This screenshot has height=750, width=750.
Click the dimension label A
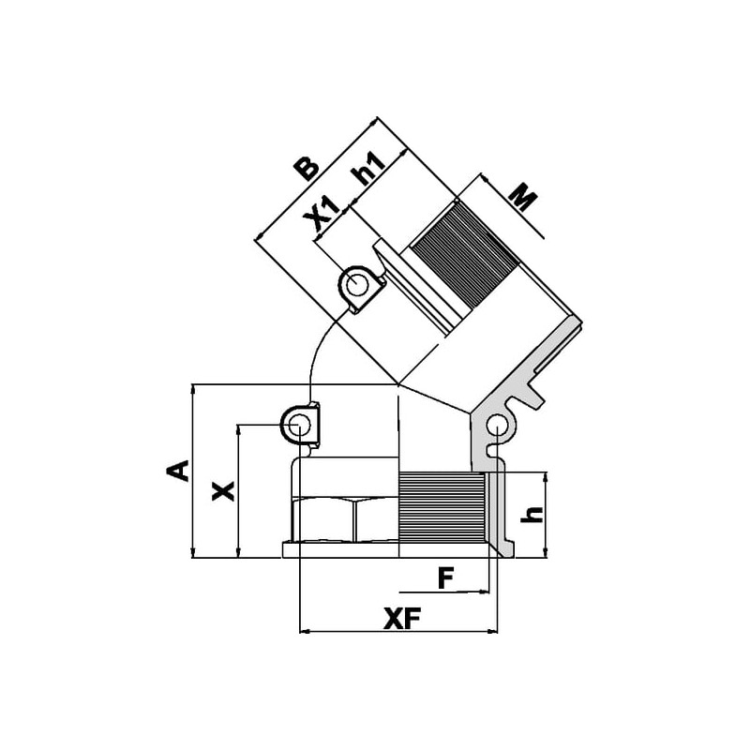coord(177,471)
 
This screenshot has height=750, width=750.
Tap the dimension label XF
coord(402,620)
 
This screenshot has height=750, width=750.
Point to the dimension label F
coord(445,577)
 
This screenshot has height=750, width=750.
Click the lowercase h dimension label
coord(532,514)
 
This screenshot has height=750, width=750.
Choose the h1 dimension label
coord(367,169)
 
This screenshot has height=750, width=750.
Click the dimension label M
coord(522,197)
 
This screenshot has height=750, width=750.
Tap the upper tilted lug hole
coord(355,287)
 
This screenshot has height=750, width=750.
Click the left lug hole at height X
coord(298,424)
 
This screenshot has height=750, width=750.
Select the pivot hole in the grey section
coord(497,425)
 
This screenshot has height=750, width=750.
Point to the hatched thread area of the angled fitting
coord(465,255)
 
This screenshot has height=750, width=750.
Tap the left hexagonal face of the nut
coord(323,520)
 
